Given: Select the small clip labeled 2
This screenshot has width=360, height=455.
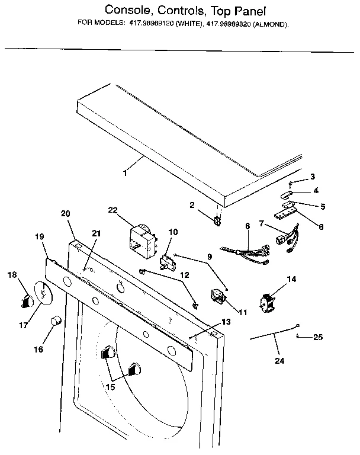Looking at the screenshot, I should click(217, 221).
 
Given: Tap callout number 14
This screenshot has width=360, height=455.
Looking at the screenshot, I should click(291, 278).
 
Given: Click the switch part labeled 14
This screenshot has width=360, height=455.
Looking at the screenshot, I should click(267, 302).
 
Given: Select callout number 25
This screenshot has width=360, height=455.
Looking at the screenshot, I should click(317, 338).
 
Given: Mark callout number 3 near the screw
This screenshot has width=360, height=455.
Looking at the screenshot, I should click(313, 177).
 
